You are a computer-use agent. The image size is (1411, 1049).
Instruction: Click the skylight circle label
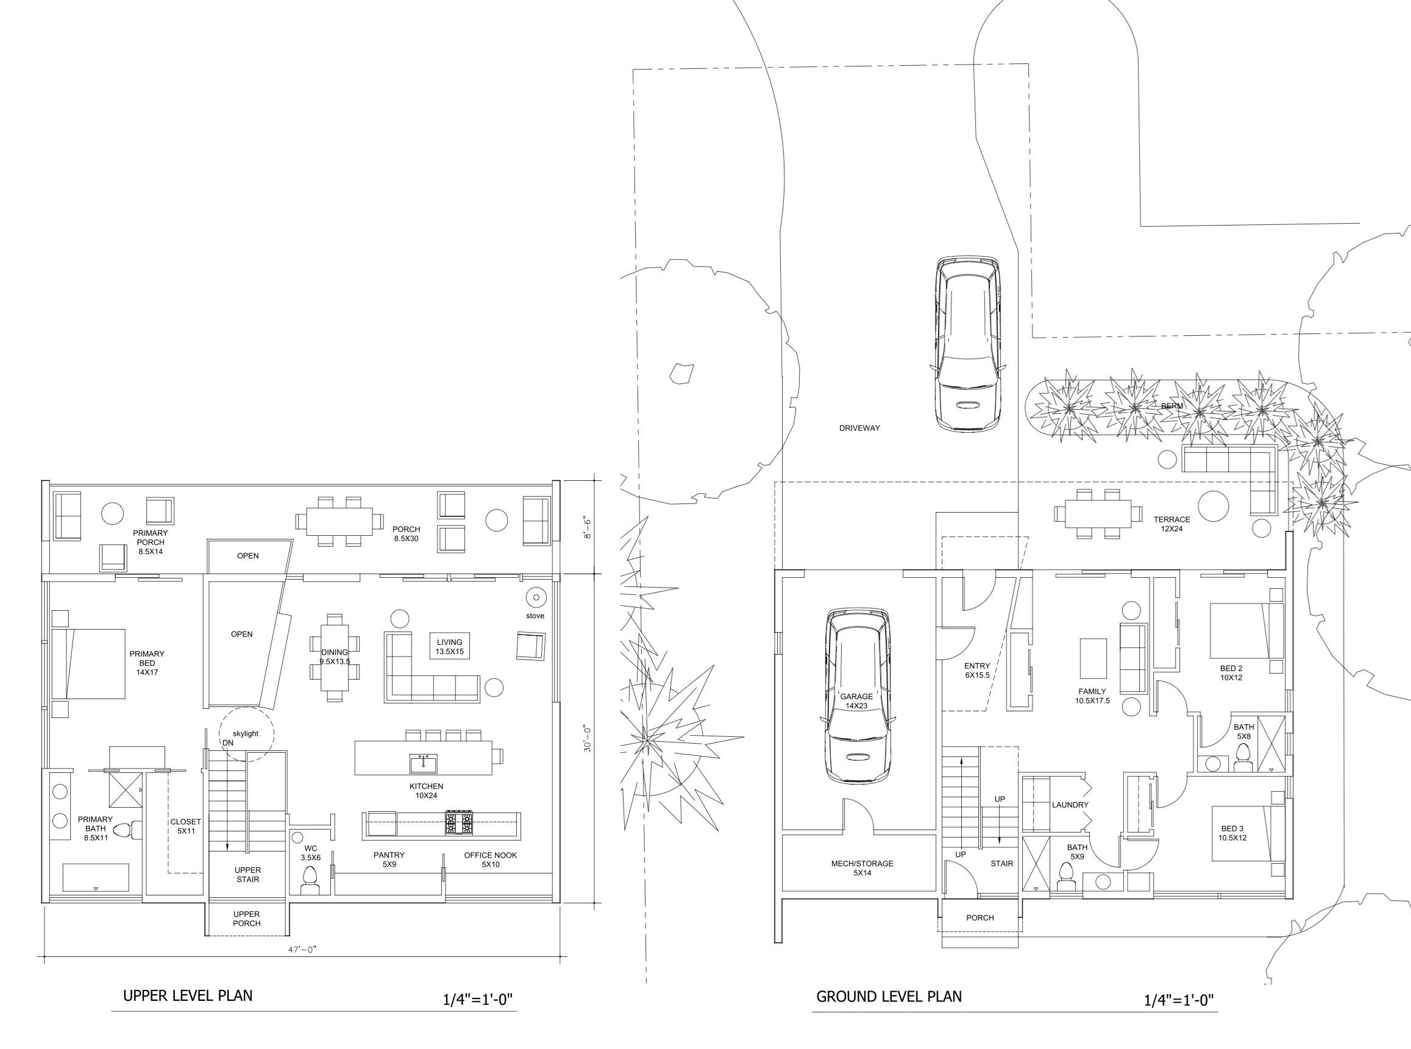point(245,733)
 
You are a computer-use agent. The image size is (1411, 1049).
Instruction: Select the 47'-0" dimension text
point(301,950)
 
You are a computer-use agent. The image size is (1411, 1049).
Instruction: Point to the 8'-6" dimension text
point(588,528)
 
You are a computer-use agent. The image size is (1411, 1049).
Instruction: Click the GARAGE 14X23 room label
point(856,701)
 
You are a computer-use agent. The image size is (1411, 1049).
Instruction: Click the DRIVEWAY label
point(859,428)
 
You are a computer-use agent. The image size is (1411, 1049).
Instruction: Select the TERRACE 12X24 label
point(1171,524)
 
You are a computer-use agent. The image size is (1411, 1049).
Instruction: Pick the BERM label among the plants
point(1171,406)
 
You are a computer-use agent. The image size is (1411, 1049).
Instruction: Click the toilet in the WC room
point(310,880)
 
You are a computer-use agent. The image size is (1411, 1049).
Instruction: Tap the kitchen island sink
point(423,764)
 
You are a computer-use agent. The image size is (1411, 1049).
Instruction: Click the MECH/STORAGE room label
point(862,868)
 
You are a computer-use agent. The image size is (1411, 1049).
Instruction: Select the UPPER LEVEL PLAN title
point(187,995)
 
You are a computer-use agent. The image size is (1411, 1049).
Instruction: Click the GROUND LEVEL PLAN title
point(889,997)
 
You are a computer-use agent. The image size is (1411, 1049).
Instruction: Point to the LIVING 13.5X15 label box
point(449,647)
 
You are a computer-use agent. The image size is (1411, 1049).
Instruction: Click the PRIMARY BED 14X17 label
point(147,663)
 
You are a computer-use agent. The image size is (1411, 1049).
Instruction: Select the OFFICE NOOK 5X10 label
point(490,859)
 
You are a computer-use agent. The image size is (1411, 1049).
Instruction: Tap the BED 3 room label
point(1232,833)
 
